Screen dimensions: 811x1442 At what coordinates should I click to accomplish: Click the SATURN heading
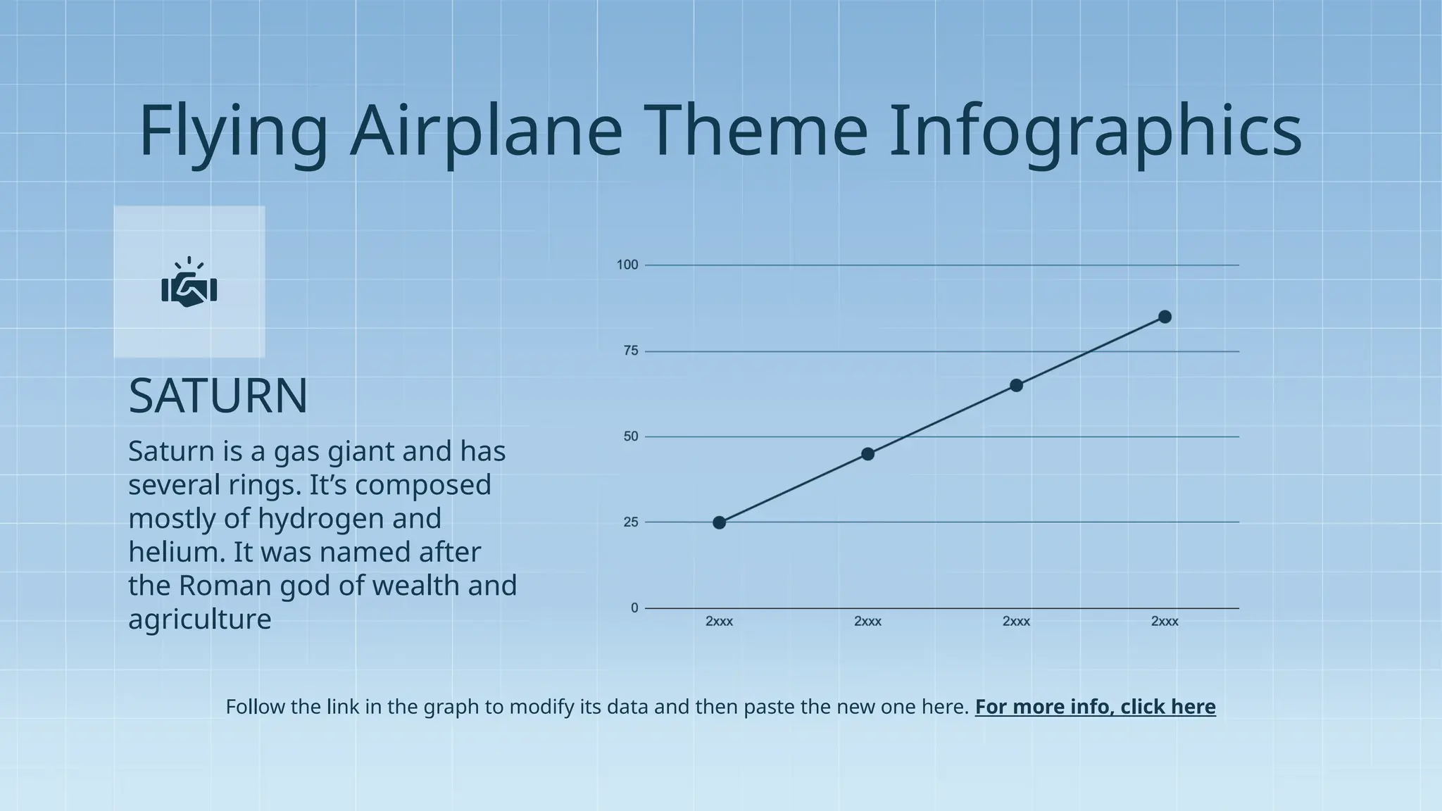point(218,396)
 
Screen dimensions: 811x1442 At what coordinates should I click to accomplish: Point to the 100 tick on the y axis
point(627,265)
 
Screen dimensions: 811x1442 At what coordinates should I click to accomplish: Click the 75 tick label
point(631,351)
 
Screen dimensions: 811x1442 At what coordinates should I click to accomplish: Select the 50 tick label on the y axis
point(631,436)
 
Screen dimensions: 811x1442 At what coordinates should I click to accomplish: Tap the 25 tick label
point(631,522)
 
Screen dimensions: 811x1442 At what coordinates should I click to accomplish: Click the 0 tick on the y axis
point(634,608)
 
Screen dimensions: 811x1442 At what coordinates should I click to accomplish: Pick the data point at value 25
point(719,522)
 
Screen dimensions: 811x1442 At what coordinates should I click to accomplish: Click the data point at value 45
point(867,454)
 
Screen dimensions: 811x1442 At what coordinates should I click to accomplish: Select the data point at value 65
point(1016,385)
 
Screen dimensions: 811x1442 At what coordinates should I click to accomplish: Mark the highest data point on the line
point(1165,317)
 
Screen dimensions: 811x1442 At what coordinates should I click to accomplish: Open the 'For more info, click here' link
point(1095,707)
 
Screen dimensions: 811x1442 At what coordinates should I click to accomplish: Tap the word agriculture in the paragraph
point(199,620)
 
